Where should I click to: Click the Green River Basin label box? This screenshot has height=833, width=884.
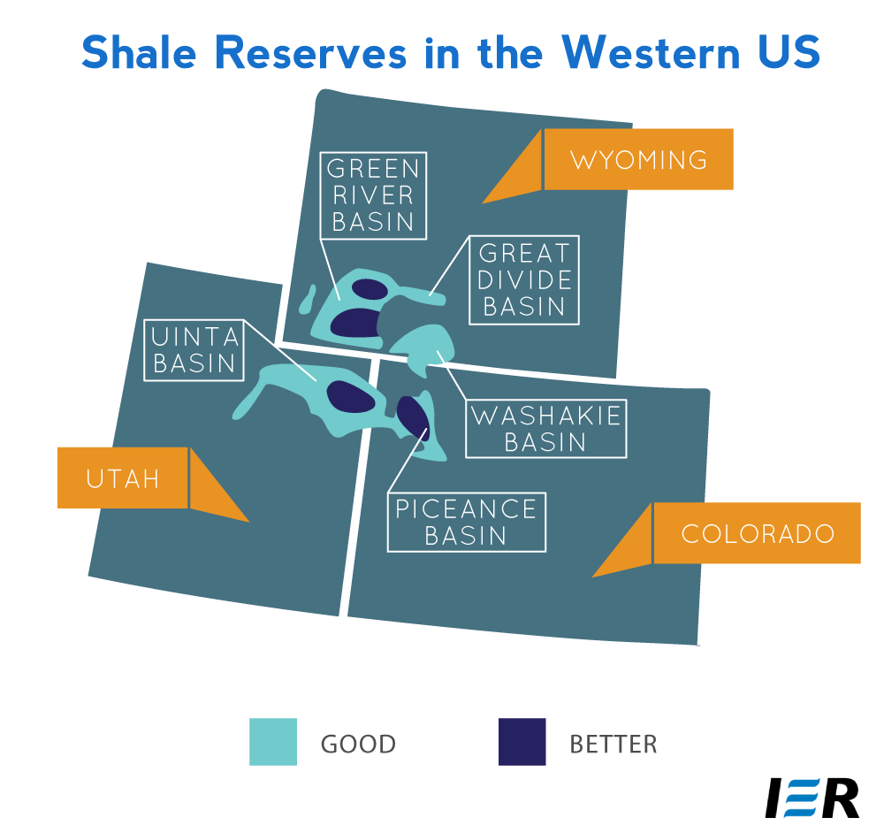(373, 195)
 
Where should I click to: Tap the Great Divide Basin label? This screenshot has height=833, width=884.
(524, 280)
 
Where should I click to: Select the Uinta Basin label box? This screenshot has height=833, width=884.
(194, 350)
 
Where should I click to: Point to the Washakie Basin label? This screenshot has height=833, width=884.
(545, 429)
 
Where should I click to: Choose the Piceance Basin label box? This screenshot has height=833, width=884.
(466, 523)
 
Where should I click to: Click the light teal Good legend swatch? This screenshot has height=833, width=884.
(273, 742)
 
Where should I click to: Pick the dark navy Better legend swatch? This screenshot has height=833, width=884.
(522, 742)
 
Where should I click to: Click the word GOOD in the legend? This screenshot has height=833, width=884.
(359, 744)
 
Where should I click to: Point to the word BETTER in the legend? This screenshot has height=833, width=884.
(613, 744)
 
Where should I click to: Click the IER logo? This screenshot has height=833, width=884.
(812, 798)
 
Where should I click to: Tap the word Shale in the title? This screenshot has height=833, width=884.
(139, 52)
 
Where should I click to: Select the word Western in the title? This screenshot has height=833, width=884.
(651, 52)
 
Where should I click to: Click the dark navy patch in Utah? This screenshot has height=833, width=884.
(351, 396)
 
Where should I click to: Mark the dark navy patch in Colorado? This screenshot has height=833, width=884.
(413, 417)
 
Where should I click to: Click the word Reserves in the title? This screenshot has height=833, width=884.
(310, 52)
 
